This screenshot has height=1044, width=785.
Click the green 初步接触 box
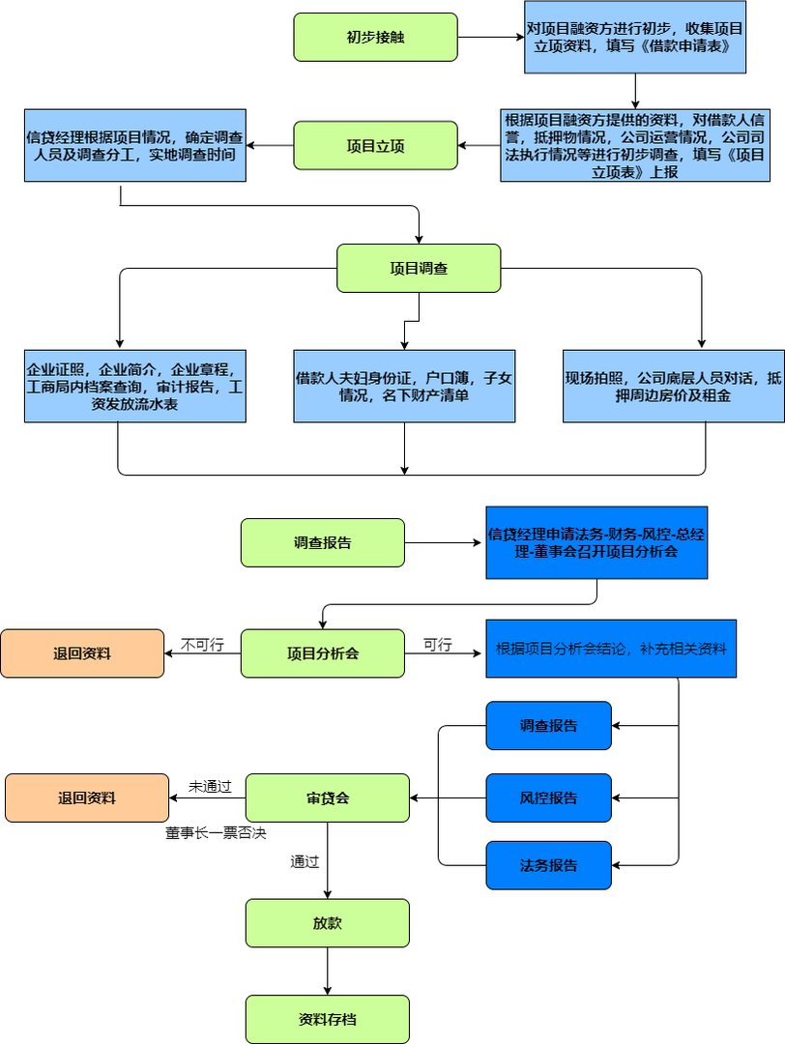click(375, 37)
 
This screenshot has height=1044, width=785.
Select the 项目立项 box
click(375, 145)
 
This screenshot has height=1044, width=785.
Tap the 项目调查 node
click(419, 268)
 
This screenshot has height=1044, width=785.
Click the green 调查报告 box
click(322, 542)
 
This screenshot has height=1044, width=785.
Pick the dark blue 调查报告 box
click(548, 725)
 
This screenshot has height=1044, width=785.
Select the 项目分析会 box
click(322, 652)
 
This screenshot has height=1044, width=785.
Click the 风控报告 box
click(548, 797)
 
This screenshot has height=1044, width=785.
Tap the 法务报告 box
click(548, 865)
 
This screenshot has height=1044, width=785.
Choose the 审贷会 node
click(328, 797)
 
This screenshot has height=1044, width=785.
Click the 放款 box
click(328, 923)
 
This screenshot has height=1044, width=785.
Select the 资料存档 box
click(328, 1019)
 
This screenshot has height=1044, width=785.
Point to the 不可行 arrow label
click(202, 645)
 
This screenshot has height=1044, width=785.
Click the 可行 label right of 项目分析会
click(437, 645)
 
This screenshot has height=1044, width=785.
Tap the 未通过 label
click(210, 787)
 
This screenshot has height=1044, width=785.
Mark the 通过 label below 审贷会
click(305, 861)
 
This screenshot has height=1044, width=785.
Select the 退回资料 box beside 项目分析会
click(82, 652)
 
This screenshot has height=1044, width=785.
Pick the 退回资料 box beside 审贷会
click(86, 797)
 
